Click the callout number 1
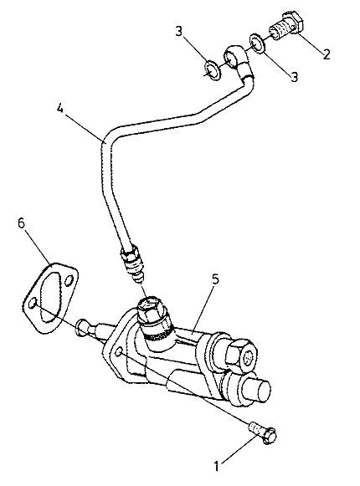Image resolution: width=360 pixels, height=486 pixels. [217, 466]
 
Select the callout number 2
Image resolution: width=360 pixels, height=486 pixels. [327, 54]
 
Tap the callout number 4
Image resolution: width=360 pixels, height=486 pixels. [60, 109]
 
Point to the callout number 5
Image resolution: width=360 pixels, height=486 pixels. [216, 279]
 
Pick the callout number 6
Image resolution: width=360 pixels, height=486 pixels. [21, 223]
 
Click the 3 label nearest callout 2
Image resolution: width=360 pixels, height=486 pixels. [294, 77]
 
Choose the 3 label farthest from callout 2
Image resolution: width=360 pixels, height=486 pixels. [179, 32]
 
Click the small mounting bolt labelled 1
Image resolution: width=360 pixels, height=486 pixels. [263, 432]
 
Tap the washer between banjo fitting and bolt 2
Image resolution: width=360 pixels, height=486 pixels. [257, 43]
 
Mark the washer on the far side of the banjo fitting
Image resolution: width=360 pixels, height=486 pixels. [213, 70]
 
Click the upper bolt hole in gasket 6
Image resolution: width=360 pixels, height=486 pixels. [69, 281]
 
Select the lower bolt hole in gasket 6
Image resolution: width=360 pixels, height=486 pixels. [33, 304]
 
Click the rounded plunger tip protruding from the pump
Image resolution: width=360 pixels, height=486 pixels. [83, 327]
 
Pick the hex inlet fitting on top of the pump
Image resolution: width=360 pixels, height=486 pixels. [152, 311]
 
